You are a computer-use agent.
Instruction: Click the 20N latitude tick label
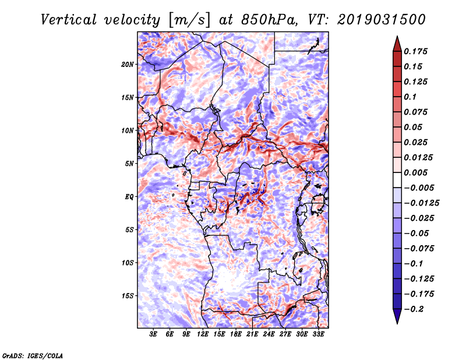point(128,64)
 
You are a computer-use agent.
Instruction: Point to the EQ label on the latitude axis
point(129,196)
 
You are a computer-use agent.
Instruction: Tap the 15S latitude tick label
point(128,295)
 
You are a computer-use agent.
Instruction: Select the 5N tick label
point(129,163)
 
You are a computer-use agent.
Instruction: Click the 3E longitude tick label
point(154,335)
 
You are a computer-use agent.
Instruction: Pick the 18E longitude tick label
point(236,335)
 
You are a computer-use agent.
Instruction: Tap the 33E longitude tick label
point(318,335)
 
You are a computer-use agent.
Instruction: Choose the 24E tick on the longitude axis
point(269,335)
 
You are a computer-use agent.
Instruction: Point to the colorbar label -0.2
point(415,309)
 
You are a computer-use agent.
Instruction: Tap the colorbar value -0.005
point(419,188)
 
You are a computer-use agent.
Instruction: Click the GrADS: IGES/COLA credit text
point(32,355)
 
